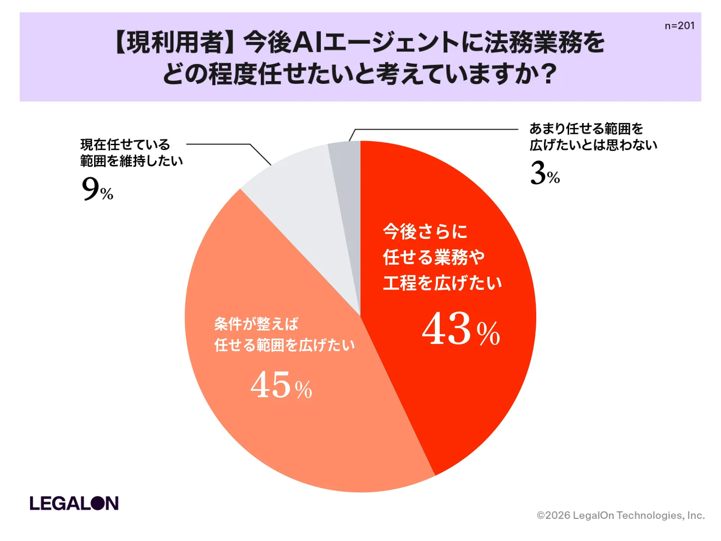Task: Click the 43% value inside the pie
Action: point(461,329)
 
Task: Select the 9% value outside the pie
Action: point(97,189)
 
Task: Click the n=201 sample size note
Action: point(679,26)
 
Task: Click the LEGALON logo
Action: point(74,503)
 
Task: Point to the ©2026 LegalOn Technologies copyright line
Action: point(621,515)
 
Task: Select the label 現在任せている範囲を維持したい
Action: point(131,152)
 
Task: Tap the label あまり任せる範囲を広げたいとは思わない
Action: point(593,137)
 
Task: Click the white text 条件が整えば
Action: point(256,324)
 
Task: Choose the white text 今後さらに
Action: point(425,232)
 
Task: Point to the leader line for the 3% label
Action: point(433,129)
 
